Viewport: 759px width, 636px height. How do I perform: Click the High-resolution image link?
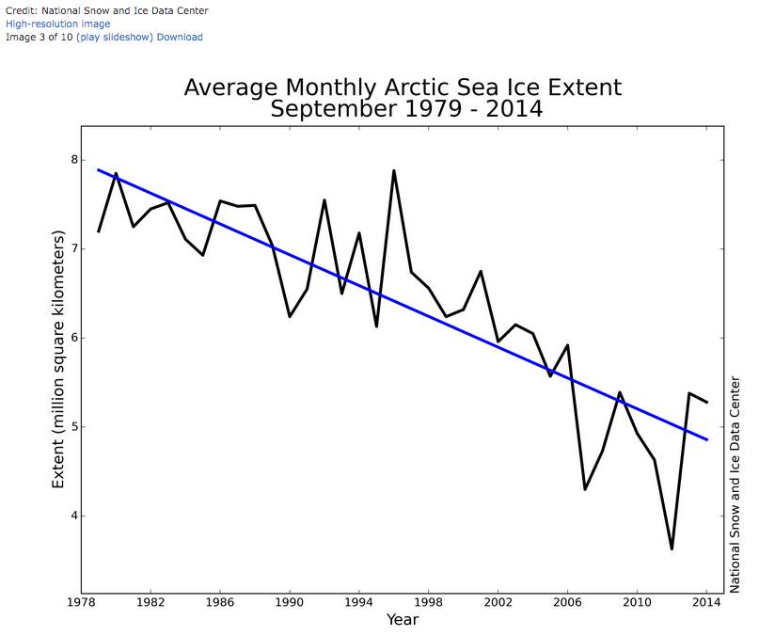coord(58,24)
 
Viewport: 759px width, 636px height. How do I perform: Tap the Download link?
coord(179,37)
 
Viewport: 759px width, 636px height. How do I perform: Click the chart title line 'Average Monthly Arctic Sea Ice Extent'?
coord(403,87)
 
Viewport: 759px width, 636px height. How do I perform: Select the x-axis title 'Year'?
coord(403,619)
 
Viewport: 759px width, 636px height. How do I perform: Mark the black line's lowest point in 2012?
coord(672,549)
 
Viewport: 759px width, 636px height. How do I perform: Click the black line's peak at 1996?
coord(393,171)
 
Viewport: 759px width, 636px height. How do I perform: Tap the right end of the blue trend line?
coord(707,439)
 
